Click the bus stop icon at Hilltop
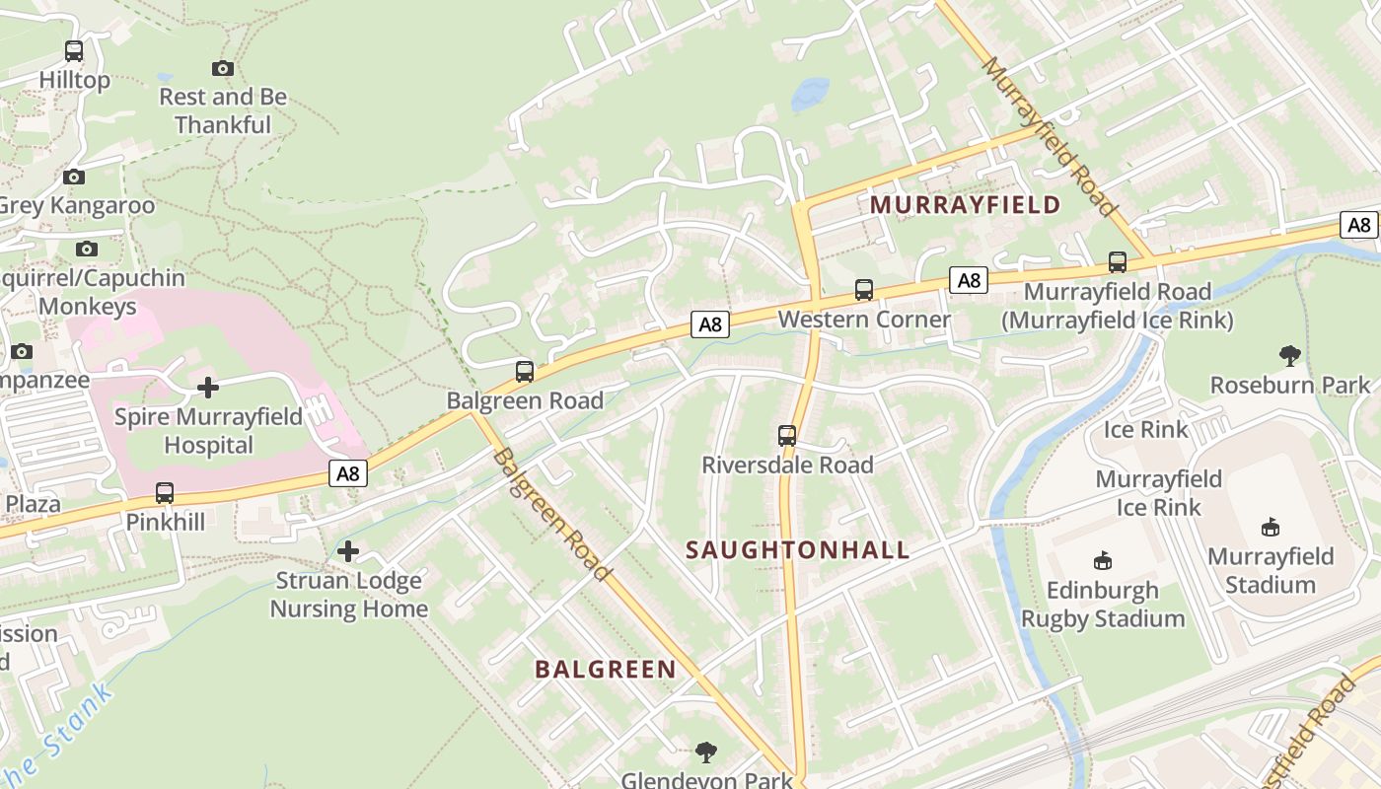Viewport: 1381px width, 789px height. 74,51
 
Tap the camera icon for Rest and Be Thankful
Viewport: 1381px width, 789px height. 223,68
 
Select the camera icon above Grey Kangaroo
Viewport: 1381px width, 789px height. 74,178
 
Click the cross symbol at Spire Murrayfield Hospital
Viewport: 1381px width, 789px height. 208,387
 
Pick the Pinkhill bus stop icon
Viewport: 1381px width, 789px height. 165,492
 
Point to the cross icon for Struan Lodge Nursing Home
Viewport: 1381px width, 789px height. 348,550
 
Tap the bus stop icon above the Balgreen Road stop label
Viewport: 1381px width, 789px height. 525,372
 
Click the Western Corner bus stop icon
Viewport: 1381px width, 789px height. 864,290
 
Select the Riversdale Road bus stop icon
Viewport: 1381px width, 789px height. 787,435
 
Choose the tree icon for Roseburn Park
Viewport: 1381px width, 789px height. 1290,356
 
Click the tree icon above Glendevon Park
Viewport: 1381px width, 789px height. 705,753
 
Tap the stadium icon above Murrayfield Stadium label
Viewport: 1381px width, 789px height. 1271,528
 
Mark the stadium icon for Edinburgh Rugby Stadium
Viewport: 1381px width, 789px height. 1103,561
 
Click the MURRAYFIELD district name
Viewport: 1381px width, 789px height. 965,205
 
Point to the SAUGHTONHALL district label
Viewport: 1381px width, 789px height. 797,550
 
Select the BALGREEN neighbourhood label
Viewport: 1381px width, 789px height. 606,670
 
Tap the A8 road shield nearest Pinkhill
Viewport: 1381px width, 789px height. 348,473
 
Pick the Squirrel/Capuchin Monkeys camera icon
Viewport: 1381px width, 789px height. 87,250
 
